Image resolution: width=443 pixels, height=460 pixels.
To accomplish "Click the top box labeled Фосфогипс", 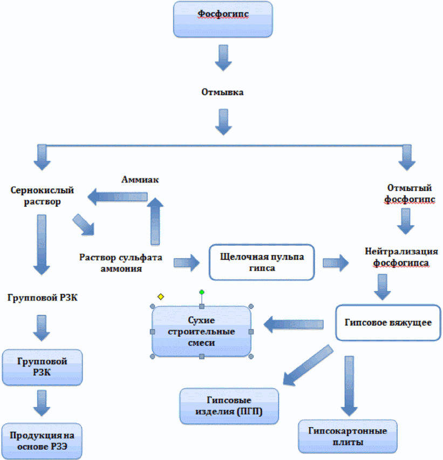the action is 223,19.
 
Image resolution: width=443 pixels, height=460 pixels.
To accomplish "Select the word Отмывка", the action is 222,92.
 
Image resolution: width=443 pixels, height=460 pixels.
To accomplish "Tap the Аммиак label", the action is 140,179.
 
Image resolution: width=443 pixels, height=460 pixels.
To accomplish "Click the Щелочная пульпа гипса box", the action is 262,262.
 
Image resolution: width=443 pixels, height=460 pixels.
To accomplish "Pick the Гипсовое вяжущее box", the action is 388,323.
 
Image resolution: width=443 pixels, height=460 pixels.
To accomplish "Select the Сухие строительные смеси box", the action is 201,332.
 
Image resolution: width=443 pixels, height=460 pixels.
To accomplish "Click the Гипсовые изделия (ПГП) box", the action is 229,406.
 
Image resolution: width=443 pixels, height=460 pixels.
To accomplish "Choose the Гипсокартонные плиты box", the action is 347,437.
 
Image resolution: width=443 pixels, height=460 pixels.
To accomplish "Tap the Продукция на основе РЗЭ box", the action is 42,441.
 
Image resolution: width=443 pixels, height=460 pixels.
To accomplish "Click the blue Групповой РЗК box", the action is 42,367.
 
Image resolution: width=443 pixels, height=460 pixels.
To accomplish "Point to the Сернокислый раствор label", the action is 42,195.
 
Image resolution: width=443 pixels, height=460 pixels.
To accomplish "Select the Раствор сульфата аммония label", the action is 120,262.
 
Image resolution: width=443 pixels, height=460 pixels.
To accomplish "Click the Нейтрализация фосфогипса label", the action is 401,257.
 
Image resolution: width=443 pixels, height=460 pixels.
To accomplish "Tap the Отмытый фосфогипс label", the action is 410,193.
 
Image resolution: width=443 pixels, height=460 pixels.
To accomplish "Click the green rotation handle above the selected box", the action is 202,292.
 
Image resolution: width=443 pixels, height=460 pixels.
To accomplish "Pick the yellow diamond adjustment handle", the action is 161,296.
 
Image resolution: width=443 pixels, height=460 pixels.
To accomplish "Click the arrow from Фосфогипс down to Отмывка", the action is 223,58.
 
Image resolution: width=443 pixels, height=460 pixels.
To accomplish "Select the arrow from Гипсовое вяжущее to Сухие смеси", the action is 293,324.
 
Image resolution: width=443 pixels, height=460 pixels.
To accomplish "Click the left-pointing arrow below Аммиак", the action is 117,197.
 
